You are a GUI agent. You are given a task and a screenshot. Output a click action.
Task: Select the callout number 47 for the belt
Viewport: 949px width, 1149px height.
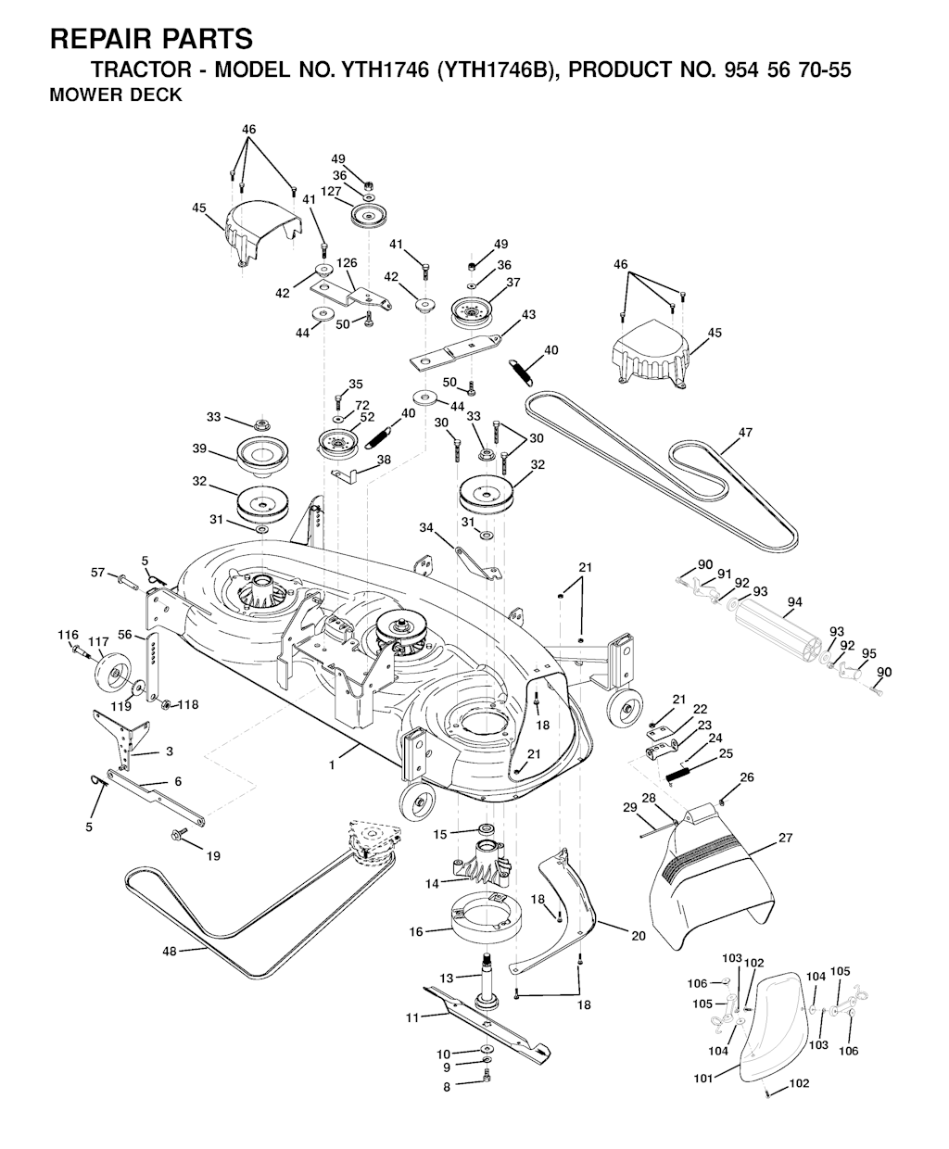coord(745,433)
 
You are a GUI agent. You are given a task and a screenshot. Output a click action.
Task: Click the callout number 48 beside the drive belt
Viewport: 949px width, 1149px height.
coord(170,951)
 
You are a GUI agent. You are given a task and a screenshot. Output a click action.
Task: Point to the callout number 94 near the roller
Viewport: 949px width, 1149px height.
coord(794,602)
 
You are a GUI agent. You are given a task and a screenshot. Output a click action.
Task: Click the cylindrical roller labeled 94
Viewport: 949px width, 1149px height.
coord(778,628)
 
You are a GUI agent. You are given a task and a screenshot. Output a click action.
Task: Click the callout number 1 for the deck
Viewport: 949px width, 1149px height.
coord(332,764)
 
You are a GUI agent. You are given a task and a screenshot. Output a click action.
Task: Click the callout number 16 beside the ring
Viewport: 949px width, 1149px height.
coord(416,931)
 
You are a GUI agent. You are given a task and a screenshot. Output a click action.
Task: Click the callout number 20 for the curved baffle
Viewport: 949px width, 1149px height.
coord(638,936)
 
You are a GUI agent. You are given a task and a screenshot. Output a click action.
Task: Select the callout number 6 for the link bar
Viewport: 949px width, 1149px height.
coord(178,781)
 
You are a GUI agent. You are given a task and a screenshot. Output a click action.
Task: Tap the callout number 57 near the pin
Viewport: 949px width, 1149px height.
coord(97,573)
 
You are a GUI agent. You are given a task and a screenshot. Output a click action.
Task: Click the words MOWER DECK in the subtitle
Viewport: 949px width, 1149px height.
coord(116,95)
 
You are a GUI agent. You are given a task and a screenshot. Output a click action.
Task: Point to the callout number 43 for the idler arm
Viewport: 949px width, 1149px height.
coord(528,314)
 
